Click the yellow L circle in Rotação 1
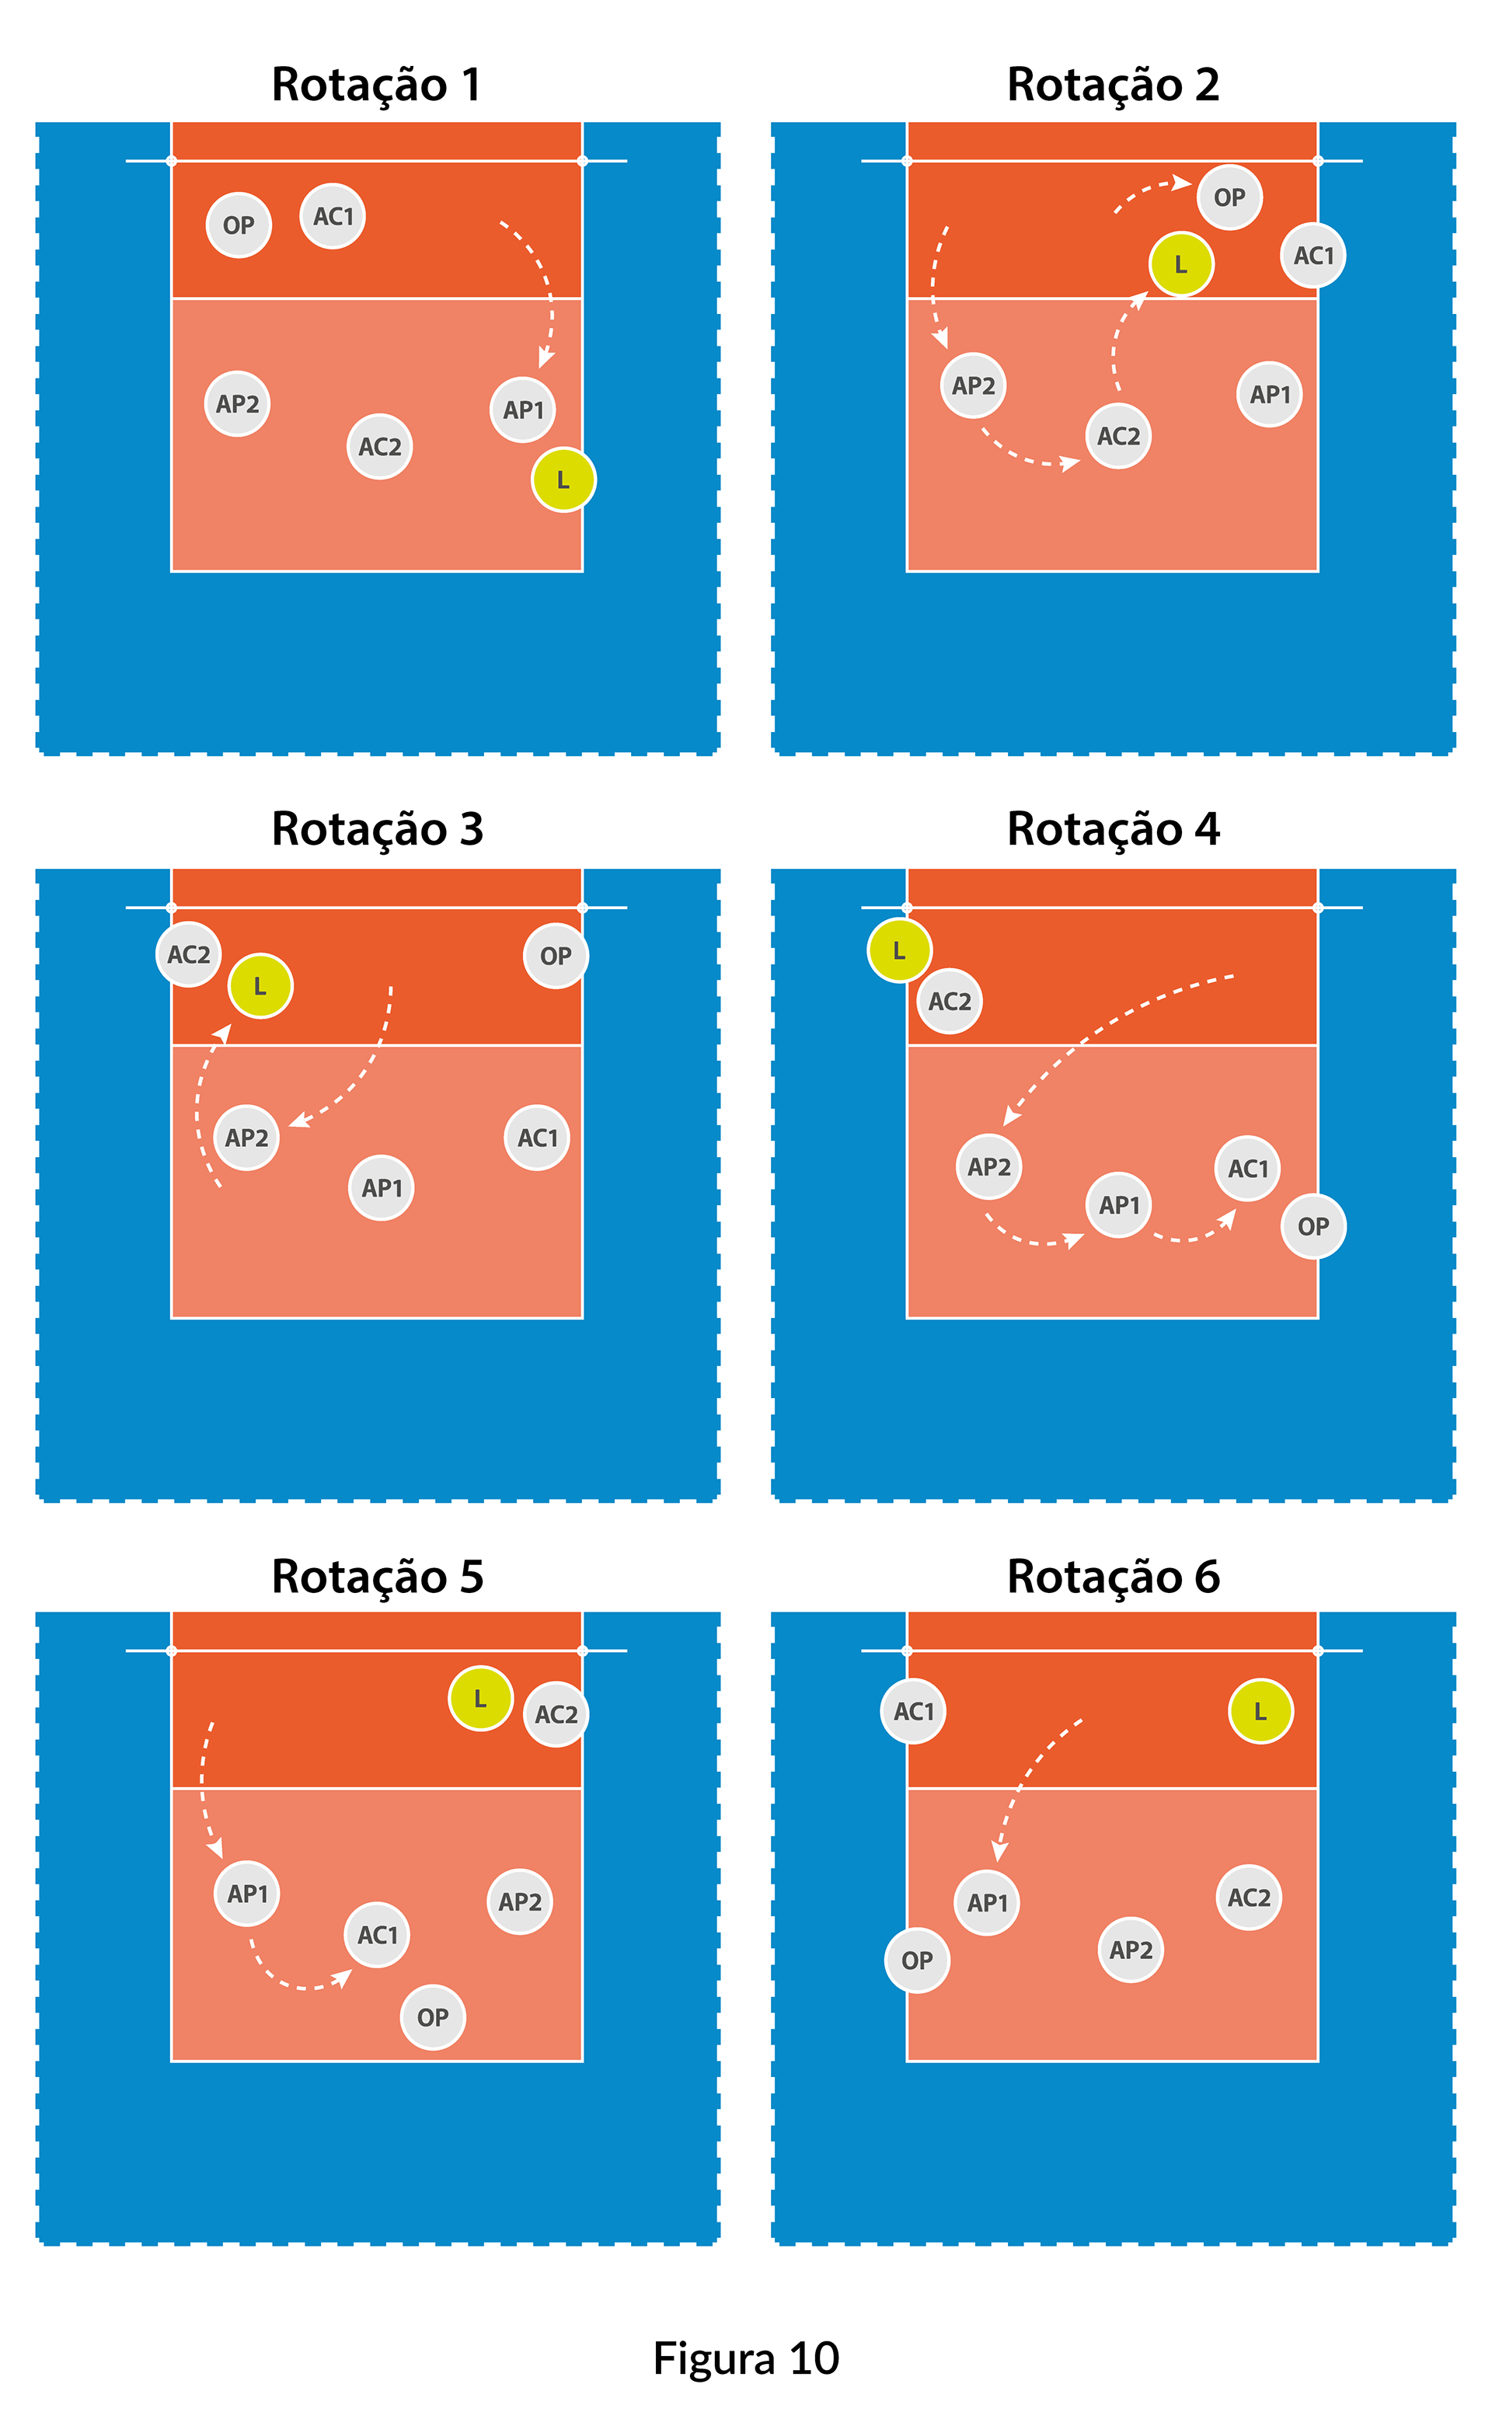coord(563,480)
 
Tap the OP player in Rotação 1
coord(239,225)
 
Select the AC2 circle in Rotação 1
coord(380,447)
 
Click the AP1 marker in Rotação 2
coord(1269,395)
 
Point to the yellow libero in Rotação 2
coord(1180,264)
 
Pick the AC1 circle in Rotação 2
coord(1313,256)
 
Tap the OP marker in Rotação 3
coord(556,955)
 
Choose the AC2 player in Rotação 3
coord(189,954)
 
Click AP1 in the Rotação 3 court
coord(381,1188)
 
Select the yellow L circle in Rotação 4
coord(899,950)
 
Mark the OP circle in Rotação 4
coord(1312,1226)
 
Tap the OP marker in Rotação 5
coord(432,2017)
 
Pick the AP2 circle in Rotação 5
coord(519,1901)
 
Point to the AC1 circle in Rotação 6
coord(914,1712)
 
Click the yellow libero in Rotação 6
coord(1260,1712)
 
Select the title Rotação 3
coord(377,828)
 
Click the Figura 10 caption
coord(746,2358)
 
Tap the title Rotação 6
coord(1113,1576)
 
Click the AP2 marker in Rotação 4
coord(988,1167)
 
